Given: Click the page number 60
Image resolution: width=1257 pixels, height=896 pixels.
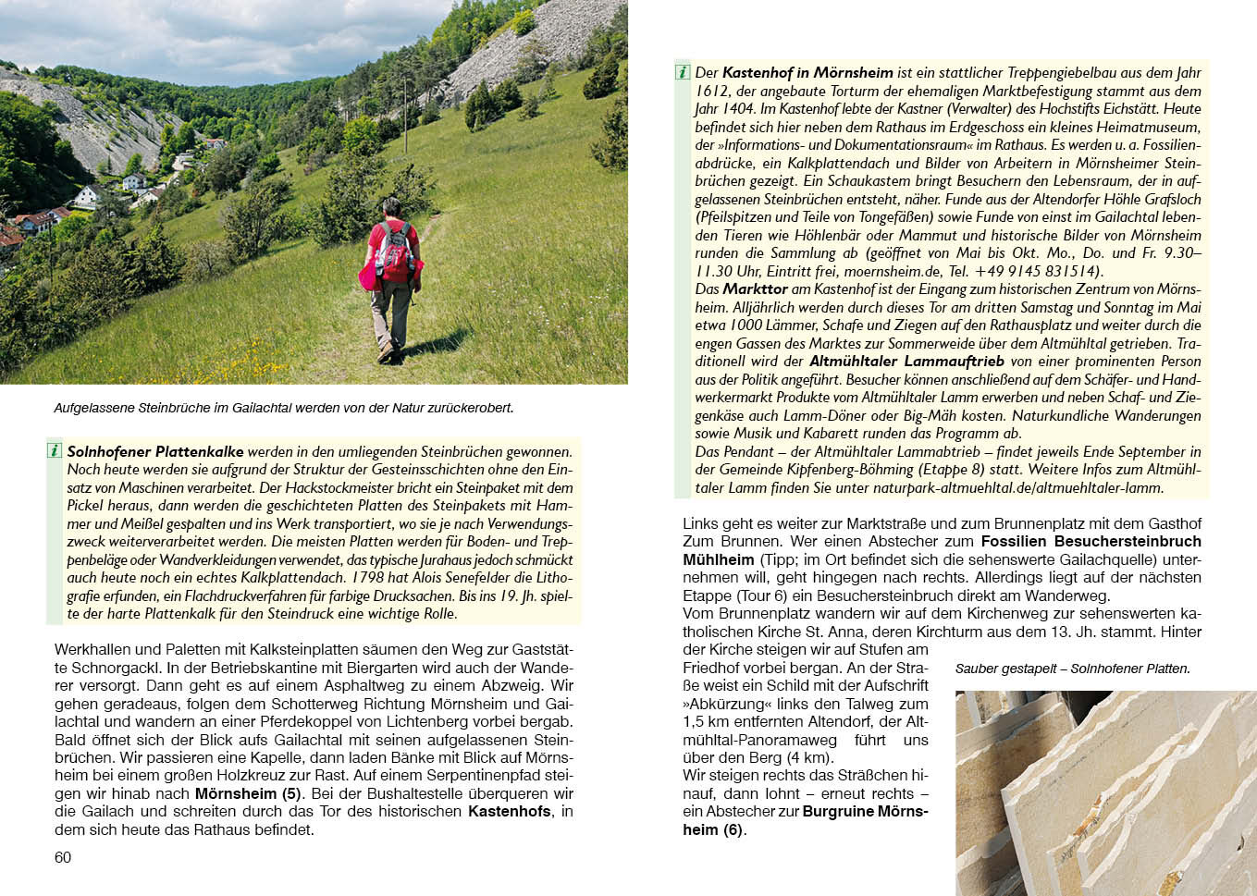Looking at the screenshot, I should tap(63, 857).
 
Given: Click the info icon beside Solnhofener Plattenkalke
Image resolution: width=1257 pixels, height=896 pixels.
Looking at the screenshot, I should tap(55, 451).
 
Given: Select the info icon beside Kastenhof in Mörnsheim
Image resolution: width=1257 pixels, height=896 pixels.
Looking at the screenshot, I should tap(683, 72).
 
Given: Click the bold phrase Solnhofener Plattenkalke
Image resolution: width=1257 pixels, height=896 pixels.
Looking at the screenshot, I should tap(155, 452).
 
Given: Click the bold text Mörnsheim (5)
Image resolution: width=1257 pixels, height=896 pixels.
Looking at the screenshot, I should tap(248, 793).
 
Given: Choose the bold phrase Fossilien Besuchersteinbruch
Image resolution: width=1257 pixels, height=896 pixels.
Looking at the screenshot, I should tap(1091, 541).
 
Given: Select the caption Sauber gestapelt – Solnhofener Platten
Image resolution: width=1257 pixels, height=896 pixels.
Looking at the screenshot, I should tap(1072, 669).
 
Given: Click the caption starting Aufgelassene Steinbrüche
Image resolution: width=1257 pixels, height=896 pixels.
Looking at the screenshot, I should tap(283, 408).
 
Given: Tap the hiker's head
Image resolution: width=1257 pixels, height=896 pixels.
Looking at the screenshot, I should tap(391, 206).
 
